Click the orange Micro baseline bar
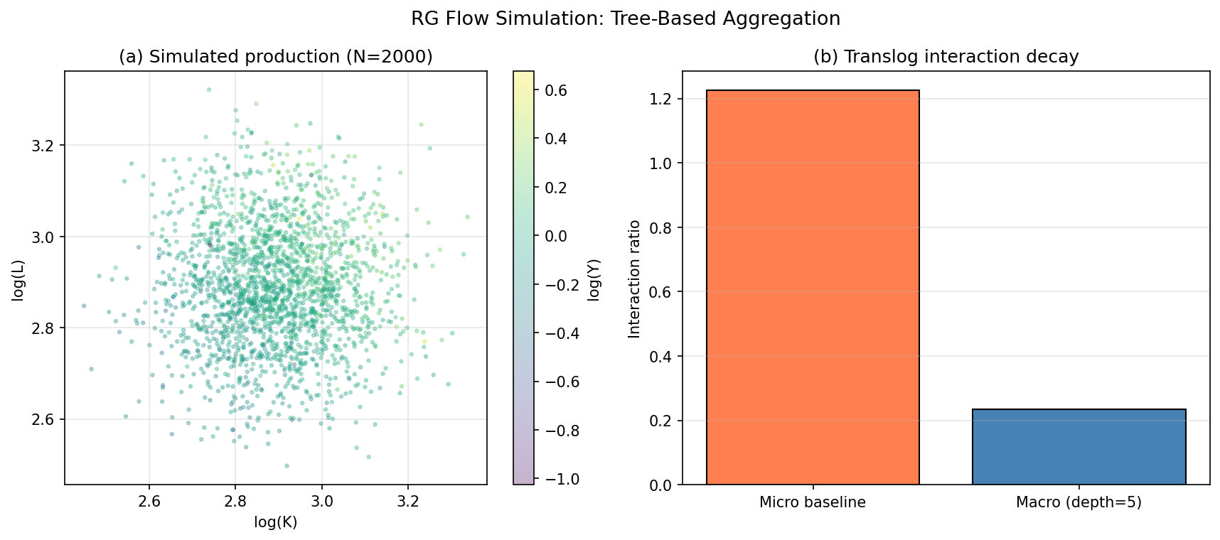(812, 288)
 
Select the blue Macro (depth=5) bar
(1079, 447)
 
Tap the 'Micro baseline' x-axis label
(812, 503)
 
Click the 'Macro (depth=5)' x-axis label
(1079, 503)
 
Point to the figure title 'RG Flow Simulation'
(625, 19)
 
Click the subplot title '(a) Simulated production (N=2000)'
(275, 57)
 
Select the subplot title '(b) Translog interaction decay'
(946, 57)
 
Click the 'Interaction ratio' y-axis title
(634, 279)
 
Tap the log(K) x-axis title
(275, 523)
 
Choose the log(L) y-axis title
(18, 279)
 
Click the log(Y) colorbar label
(594, 279)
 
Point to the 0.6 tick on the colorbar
(555, 90)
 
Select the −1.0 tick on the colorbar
(561, 479)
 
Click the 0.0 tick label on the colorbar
(555, 236)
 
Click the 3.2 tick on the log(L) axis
(43, 146)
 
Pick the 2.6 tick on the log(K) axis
(149, 502)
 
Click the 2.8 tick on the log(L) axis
(43, 328)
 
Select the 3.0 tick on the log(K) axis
(321, 502)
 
